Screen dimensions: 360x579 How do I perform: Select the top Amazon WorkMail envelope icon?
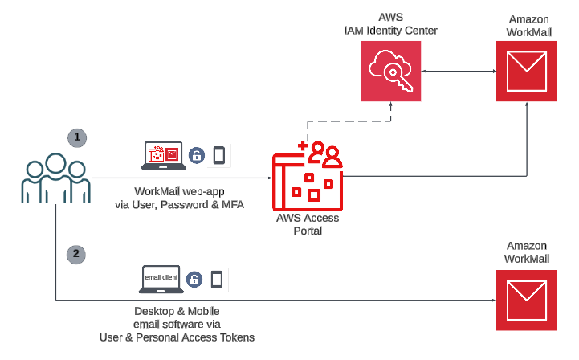(x=527, y=72)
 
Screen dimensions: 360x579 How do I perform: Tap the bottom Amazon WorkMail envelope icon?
(x=527, y=299)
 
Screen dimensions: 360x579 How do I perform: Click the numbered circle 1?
(x=77, y=137)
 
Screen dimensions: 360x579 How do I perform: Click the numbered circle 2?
(x=77, y=255)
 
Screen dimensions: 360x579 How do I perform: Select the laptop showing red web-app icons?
(x=164, y=155)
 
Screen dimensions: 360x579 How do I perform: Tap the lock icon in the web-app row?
(x=197, y=156)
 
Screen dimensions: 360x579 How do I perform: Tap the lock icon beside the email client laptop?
(x=194, y=280)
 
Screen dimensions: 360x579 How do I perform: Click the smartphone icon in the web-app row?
(x=219, y=155)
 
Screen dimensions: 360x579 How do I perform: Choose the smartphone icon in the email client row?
(x=216, y=280)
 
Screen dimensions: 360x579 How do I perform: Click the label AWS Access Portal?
(x=308, y=224)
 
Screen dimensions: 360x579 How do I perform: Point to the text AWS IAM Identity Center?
(x=390, y=24)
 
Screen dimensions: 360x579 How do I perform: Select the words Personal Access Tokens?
(x=204, y=337)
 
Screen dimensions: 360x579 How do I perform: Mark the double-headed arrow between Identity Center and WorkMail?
(x=458, y=72)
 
